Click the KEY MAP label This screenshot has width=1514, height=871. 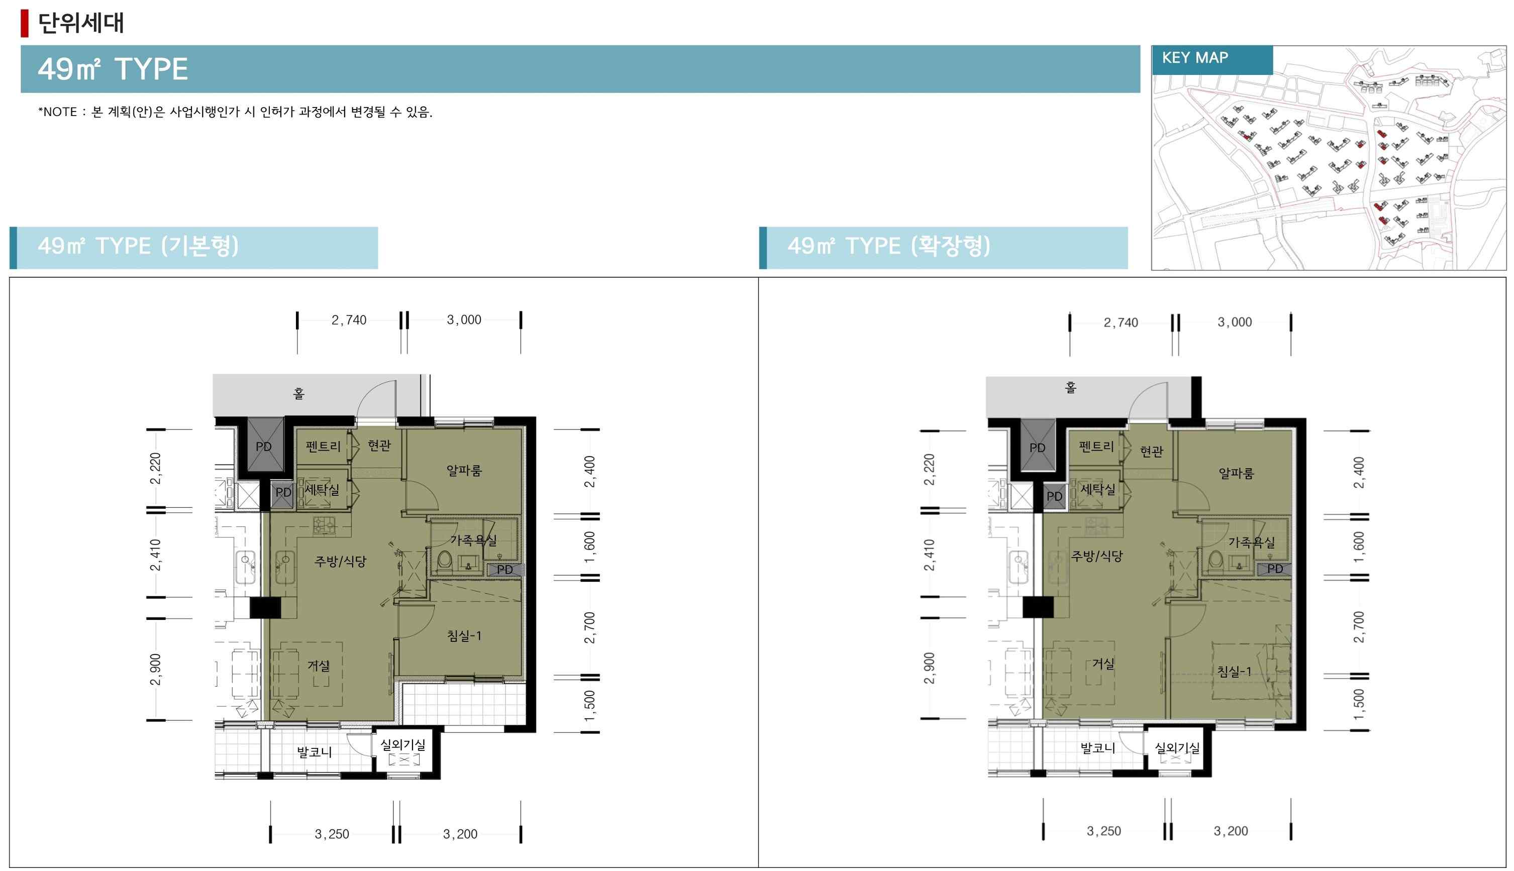point(1194,58)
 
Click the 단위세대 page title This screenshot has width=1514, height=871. point(81,23)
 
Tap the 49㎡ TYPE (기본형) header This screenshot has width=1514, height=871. point(138,246)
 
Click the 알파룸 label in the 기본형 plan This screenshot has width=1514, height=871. point(464,470)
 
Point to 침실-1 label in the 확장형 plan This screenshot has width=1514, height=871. point(1234,671)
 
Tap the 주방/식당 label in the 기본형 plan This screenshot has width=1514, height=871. point(340,561)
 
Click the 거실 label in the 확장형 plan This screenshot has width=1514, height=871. point(1103,664)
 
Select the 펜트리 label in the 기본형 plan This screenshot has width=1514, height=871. point(323,446)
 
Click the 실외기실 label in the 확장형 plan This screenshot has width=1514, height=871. point(1176,748)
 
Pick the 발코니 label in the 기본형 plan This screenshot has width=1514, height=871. point(314,752)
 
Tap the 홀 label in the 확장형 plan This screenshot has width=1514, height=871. point(1071,388)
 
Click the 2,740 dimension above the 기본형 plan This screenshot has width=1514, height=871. point(349,320)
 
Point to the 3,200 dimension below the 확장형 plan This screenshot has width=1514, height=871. point(1231,831)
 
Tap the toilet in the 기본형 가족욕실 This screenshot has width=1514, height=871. point(444,560)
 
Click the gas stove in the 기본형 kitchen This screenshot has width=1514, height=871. point(324,526)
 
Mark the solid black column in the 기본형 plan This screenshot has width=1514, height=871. point(264,608)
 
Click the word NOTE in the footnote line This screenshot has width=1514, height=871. point(60,112)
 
